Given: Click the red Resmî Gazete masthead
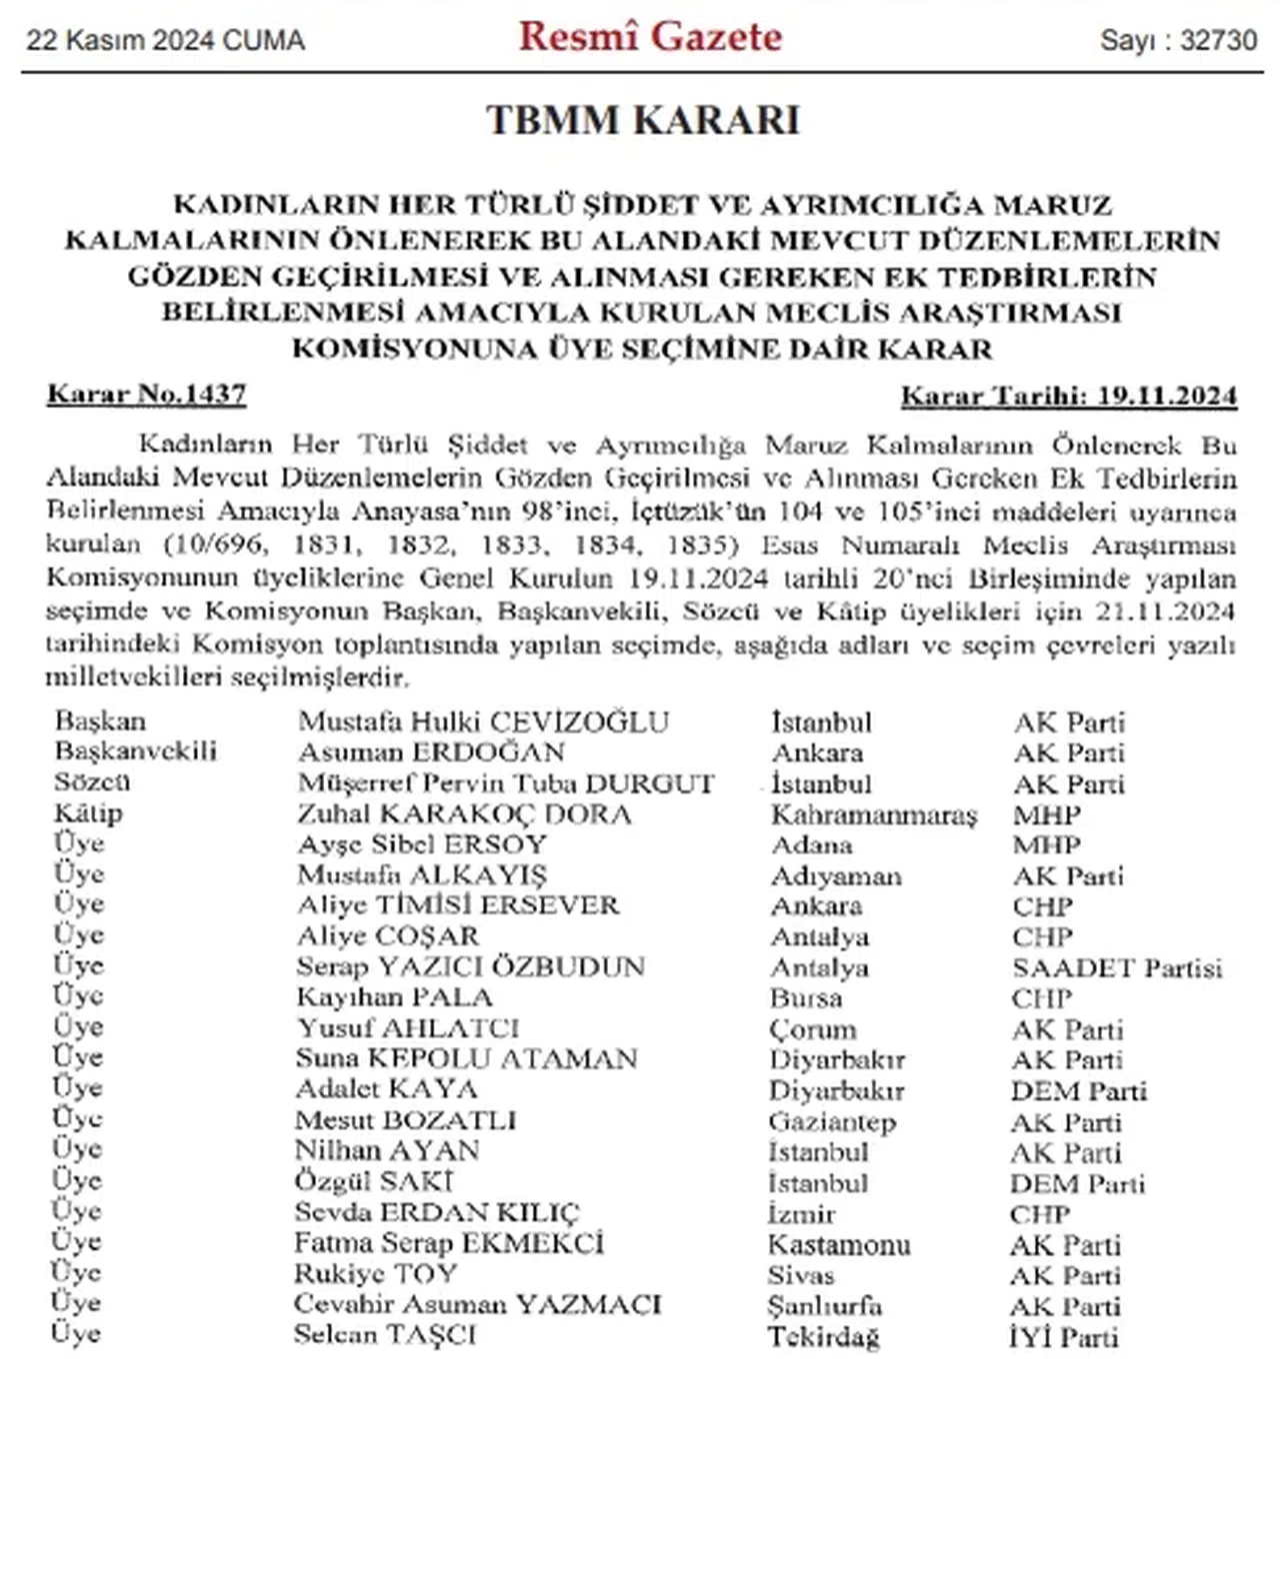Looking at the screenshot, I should [x=650, y=37].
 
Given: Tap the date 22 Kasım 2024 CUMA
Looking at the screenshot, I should [x=165, y=40].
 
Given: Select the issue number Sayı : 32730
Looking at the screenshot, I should [x=1178, y=40].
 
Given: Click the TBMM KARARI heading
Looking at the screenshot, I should [x=643, y=120].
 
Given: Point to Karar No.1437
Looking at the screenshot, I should [x=146, y=394].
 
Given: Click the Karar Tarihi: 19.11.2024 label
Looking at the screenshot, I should [x=1068, y=396].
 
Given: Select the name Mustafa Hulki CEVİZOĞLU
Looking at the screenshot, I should [x=483, y=722].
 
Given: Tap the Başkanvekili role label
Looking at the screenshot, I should [x=136, y=751].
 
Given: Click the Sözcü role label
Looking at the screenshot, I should [x=92, y=782].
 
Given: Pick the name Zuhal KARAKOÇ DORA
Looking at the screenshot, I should [x=464, y=814].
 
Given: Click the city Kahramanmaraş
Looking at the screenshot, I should [x=873, y=814].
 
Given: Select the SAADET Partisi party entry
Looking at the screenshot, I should [x=1117, y=967].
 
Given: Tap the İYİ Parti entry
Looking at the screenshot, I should [x=1063, y=1337].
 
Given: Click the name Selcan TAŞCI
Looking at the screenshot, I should [x=385, y=1335].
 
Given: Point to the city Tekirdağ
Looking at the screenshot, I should [x=823, y=1337].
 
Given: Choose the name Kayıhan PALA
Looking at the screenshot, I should [x=394, y=997].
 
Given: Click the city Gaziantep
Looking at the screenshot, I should [x=832, y=1122].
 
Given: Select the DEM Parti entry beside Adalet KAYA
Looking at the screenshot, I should [x=1078, y=1090].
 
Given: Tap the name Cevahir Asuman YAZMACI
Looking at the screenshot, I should [x=477, y=1304].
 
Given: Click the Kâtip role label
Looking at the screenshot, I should [x=89, y=812].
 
